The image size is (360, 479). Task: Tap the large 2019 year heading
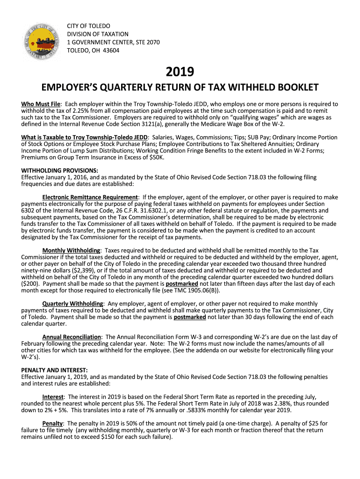point(180,72)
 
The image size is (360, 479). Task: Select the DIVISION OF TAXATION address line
point(97,34)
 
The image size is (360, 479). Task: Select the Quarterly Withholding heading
point(73,304)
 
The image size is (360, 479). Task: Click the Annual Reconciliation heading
point(72,337)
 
